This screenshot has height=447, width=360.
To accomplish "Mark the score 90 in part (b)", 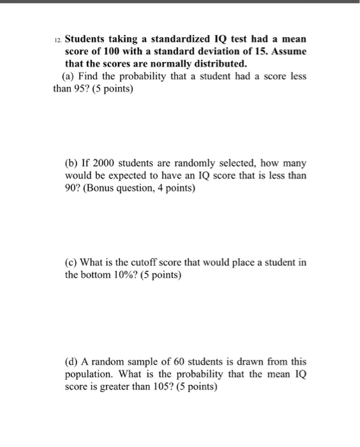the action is (71, 188).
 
